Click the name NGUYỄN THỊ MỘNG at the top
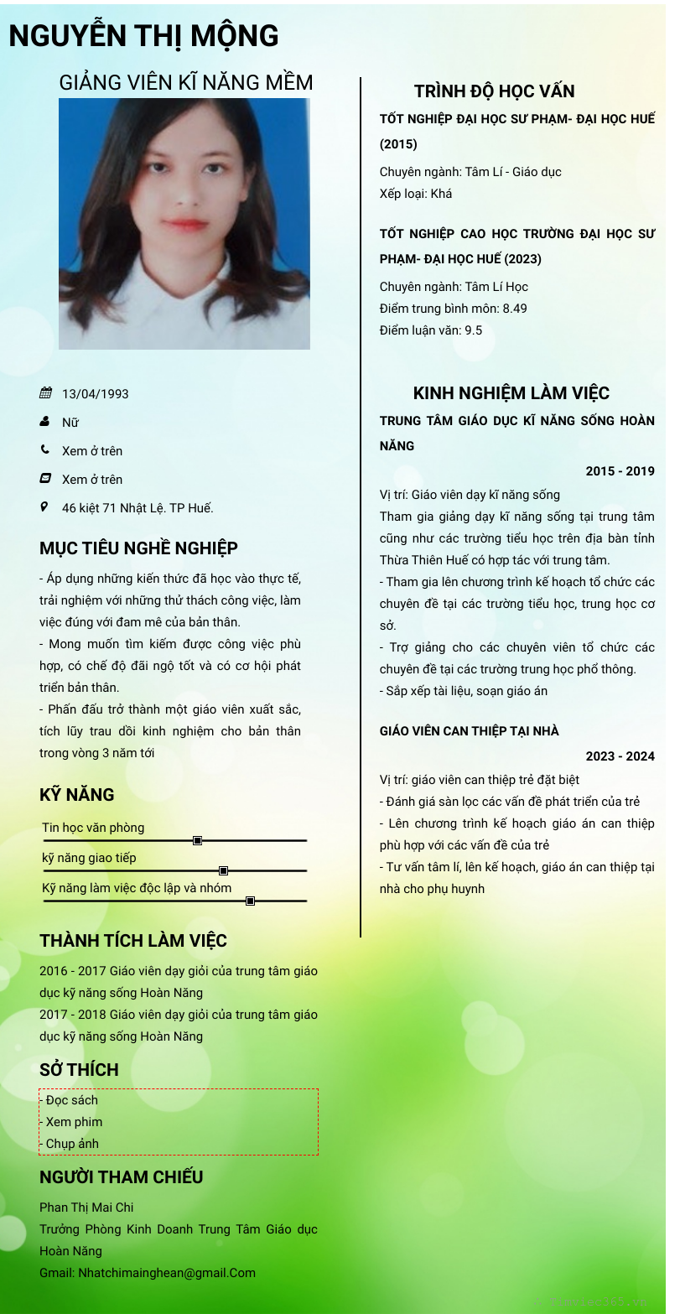pos(143,36)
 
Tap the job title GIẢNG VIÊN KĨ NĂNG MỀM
pos(185,82)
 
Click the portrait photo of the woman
pos(184,223)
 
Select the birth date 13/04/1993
pos(96,394)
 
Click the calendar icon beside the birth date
pos(45,393)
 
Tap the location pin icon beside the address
pos(44,506)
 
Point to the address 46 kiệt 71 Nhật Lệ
pos(138,508)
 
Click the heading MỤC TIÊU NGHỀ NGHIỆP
pos(138,548)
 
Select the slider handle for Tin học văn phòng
pos(198,840)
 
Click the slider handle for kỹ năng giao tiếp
pos(223,870)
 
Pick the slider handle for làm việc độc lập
pos(250,901)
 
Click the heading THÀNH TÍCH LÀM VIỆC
pos(133,941)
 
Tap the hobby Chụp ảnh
pos(72,1144)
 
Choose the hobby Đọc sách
pos(72,1100)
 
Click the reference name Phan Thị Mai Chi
pos(86,1208)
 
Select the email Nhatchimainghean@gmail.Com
pos(167,1273)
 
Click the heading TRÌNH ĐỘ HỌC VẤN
pos(494,91)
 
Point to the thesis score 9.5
pos(474,330)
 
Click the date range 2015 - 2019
pos(620,471)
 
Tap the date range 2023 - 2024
pos(620,756)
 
